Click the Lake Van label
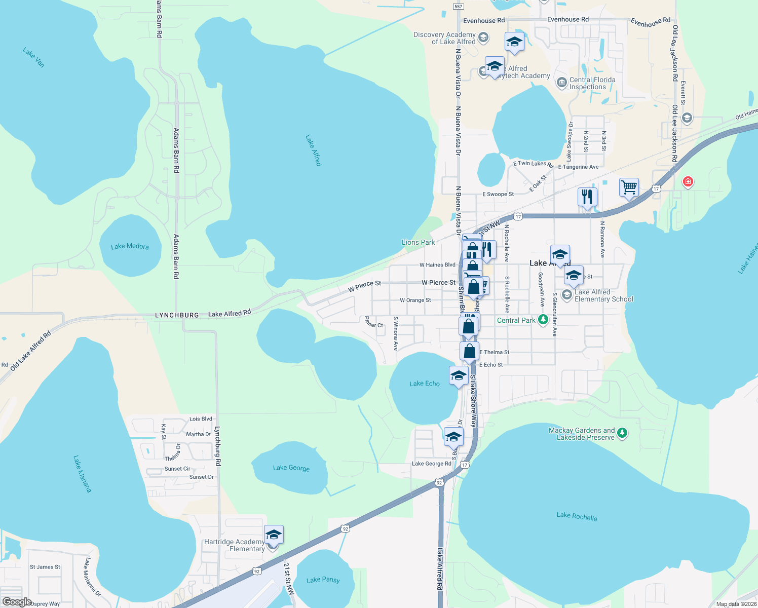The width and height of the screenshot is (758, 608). [x=33, y=57]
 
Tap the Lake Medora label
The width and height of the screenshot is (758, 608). [x=130, y=246]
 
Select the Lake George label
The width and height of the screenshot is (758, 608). [x=291, y=468]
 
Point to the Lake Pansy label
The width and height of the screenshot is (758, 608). [x=323, y=580]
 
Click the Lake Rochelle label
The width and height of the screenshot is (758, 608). [x=577, y=516]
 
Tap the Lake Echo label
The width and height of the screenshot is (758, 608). [x=425, y=384]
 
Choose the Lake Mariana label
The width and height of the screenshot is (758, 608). [x=82, y=474]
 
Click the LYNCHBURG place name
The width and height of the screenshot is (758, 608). [x=177, y=315]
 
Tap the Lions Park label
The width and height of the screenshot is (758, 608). [x=418, y=242]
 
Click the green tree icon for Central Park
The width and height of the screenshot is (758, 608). [x=543, y=320]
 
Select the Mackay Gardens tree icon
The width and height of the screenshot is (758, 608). [x=623, y=433]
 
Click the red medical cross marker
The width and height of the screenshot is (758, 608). [x=688, y=181]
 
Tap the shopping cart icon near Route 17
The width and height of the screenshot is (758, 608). [x=629, y=188]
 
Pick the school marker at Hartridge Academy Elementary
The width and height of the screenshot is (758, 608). [x=274, y=536]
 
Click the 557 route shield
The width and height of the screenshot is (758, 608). [x=458, y=7]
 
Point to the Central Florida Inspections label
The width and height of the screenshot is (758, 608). [x=592, y=83]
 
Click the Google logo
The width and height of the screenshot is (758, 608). [x=17, y=602]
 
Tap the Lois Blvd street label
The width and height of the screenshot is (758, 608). [x=201, y=419]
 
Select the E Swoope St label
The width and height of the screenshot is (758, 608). [x=498, y=194]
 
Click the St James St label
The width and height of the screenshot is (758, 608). [x=45, y=567]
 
